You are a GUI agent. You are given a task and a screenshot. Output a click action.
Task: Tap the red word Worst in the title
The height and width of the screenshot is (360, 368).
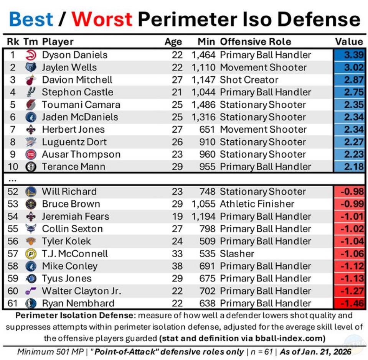pyautogui.click(x=102, y=19)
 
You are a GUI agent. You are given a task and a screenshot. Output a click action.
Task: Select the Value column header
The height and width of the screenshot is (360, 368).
pyautogui.click(x=349, y=42)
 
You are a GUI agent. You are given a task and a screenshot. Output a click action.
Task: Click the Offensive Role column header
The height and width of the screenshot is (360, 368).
pyautogui.click(x=256, y=42)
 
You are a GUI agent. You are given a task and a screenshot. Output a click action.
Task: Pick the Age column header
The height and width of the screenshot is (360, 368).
pyautogui.click(x=173, y=42)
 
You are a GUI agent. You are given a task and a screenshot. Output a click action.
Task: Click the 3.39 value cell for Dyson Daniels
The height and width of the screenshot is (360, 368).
pyautogui.click(x=349, y=55)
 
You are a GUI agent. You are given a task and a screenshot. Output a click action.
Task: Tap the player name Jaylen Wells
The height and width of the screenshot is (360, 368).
pyautogui.click(x=69, y=67)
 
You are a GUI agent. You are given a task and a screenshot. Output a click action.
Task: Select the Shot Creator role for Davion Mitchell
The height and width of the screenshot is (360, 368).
pyautogui.click(x=248, y=80)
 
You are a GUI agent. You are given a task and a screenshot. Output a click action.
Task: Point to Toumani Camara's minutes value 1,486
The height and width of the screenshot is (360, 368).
pyautogui.click(x=204, y=105)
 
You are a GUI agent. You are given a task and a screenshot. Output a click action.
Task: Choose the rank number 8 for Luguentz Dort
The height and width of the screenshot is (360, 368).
pyautogui.click(x=13, y=142)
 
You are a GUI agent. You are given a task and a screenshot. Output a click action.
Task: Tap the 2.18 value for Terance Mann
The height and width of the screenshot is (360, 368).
pyautogui.click(x=349, y=166)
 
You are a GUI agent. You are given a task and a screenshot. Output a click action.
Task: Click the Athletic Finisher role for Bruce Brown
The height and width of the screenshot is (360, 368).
pyautogui.click(x=257, y=204)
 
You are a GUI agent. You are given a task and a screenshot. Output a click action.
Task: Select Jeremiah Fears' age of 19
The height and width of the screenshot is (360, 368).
pyautogui.click(x=177, y=216)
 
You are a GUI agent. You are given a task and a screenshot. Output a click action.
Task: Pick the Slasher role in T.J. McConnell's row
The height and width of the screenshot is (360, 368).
pyautogui.click(x=237, y=253)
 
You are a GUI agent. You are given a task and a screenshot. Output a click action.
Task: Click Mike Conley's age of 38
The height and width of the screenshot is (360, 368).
pyautogui.click(x=177, y=266)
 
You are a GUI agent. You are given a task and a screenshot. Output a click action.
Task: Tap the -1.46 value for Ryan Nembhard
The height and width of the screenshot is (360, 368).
pyautogui.click(x=349, y=303)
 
